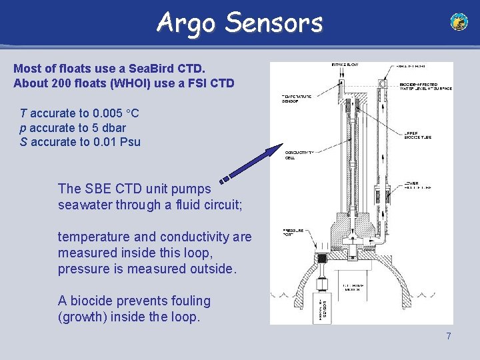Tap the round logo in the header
[x=459, y=22]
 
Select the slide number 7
[x=449, y=336]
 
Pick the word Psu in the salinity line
[x=129, y=142]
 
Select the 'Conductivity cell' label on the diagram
[x=299, y=155]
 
